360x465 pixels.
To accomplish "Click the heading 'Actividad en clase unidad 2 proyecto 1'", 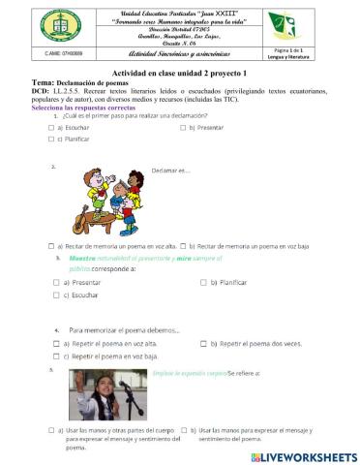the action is click(x=180, y=74).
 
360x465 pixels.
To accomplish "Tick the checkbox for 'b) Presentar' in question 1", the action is click(x=181, y=127).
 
